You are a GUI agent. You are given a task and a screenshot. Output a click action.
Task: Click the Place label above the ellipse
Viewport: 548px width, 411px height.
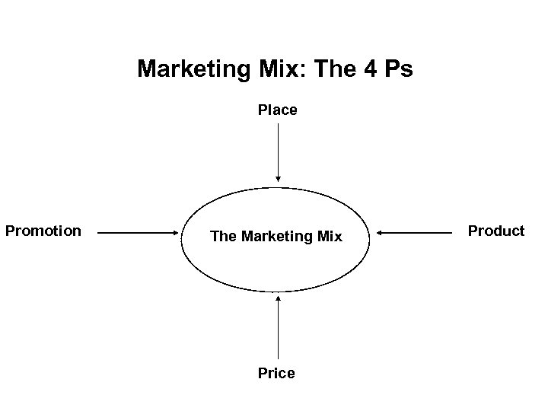click(x=277, y=110)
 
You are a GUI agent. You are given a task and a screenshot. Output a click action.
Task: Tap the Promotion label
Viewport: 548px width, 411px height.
click(x=43, y=230)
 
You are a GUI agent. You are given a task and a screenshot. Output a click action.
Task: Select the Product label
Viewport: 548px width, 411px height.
click(x=496, y=231)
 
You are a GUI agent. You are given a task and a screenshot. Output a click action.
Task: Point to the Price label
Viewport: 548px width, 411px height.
click(x=277, y=373)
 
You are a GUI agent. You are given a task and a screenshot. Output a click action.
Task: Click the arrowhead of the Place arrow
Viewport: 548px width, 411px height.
click(x=278, y=179)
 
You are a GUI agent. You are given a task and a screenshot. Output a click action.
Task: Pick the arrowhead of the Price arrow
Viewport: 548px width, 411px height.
click(x=278, y=298)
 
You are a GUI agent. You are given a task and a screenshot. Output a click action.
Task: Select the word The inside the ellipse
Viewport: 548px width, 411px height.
click(x=223, y=237)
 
